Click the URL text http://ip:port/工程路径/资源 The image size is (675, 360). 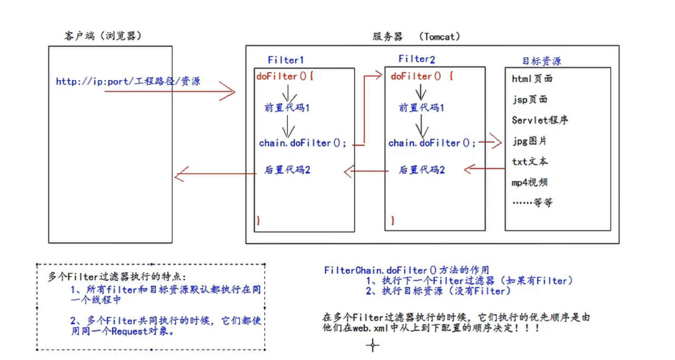(x=128, y=82)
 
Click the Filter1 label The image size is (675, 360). (x=285, y=59)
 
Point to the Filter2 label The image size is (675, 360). (x=416, y=59)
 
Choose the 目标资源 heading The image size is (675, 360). (x=541, y=61)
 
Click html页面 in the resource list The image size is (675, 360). (x=532, y=79)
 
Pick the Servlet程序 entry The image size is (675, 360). (x=540, y=120)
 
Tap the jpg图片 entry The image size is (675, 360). (x=529, y=141)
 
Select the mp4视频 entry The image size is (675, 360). (x=530, y=182)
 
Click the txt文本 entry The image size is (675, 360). (x=530, y=162)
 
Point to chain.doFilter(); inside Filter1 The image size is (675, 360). (x=303, y=143)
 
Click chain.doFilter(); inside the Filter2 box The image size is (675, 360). (x=432, y=143)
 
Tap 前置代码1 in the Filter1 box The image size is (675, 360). (x=287, y=108)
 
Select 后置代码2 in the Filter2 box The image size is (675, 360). (x=422, y=170)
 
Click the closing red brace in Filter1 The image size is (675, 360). (x=258, y=219)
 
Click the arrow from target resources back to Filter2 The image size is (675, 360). (x=484, y=169)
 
